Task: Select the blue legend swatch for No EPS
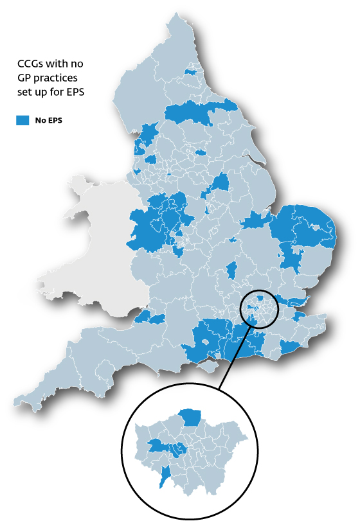(x=23, y=119)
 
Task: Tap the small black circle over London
(x=260, y=309)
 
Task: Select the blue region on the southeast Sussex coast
(x=291, y=347)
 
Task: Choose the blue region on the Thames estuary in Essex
(x=296, y=302)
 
